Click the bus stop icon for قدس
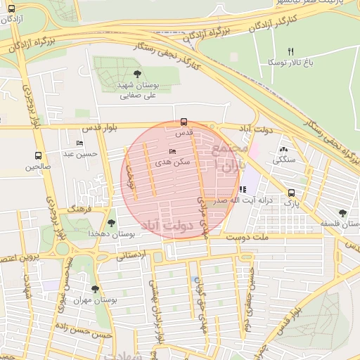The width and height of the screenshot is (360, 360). [x=184, y=121]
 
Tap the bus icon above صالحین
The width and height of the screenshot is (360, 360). [x=38, y=156]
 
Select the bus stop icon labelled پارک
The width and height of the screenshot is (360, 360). [x=291, y=193]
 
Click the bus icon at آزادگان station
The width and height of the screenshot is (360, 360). [x=11, y=9]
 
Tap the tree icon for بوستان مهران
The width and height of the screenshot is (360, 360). [x=96, y=289]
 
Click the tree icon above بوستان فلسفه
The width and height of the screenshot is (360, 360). [x=342, y=213]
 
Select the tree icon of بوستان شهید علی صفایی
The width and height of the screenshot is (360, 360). [x=136, y=74]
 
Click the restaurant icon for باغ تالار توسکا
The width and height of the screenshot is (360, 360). [x=290, y=51]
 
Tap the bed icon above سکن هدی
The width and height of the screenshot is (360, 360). [x=173, y=151]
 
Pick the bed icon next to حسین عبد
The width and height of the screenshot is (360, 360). [x=79, y=143]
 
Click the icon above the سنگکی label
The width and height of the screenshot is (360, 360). [x=283, y=150]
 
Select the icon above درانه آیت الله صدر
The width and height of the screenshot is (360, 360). [x=243, y=189]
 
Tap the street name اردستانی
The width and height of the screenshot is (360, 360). [x=130, y=254]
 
